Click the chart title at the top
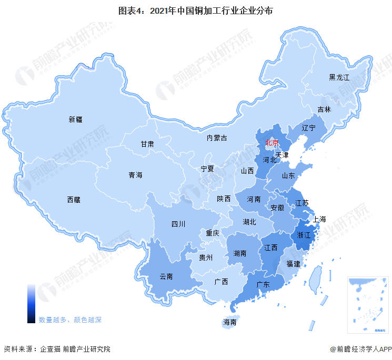coord(195,10)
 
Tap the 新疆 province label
coord(76,119)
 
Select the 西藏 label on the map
coord(74,200)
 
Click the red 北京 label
coord(272,142)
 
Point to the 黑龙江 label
coord(339,77)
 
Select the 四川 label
coord(178,224)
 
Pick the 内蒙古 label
coord(216,138)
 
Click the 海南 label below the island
coord(230,322)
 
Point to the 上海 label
coord(319,219)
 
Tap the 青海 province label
coord(136,175)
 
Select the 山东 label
coord(288,176)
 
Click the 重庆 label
coord(213,233)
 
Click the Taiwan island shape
coord(315,278)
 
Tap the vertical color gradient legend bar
coord(31,304)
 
